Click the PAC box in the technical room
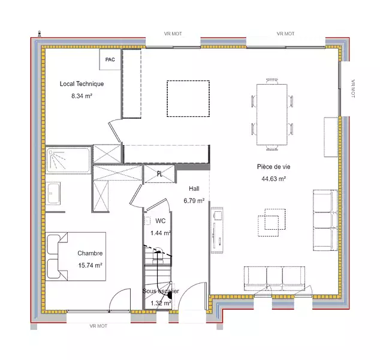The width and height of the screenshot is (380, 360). (110, 59)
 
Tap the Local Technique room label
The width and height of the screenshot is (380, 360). (82, 84)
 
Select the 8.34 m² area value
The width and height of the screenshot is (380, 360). (82, 96)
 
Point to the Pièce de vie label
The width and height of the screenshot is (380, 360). (273, 167)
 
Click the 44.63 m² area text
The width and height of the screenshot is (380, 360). (273, 179)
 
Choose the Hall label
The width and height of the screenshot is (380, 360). (194, 188)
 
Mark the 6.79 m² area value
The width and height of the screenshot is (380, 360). (194, 200)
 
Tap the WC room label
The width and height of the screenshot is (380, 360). (161, 221)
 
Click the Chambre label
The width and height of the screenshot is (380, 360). (90, 253)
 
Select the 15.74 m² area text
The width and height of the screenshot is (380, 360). (90, 265)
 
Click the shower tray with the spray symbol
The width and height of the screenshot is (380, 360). (68, 160)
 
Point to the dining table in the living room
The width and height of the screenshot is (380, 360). (272, 115)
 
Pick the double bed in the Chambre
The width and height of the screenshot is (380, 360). (76, 256)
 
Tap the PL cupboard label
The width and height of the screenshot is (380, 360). (159, 173)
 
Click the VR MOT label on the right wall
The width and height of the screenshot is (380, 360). (353, 89)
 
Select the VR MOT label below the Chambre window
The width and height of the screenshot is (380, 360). (98, 326)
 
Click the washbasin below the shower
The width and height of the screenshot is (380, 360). (53, 193)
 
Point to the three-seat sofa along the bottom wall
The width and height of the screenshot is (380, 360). (275, 278)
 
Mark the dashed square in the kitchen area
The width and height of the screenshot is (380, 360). (188, 99)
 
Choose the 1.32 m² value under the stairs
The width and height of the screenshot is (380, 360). (161, 303)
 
